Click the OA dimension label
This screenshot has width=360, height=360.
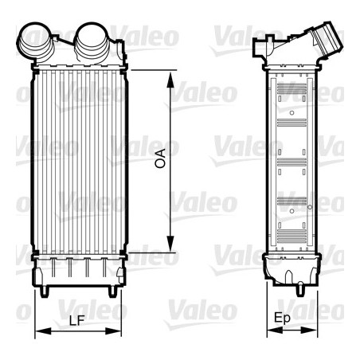[x=160, y=158]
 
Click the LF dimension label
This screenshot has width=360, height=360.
[x=77, y=320]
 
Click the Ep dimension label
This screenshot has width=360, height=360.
[x=282, y=319]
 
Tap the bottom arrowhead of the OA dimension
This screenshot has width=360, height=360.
[x=170, y=244]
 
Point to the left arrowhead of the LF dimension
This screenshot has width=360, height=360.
[x=43, y=331]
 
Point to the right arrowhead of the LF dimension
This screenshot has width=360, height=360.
[x=113, y=331]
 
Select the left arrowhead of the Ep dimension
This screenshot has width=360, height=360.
[x=275, y=330]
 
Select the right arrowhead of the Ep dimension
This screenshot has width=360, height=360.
[x=309, y=330]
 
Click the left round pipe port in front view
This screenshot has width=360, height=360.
[x=35, y=41]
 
